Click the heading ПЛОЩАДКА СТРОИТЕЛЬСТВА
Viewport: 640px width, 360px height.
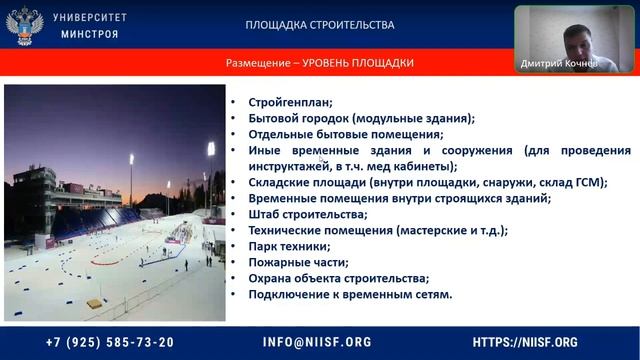coord(320,25)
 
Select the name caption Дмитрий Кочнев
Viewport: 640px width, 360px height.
coord(559,63)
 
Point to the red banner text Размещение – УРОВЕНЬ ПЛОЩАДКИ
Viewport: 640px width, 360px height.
coord(320,63)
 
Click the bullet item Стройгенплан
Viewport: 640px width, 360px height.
coord(290,102)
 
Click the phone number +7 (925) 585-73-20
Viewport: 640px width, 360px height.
coord(110,341)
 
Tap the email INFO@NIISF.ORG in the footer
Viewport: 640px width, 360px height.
coord(317,341)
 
